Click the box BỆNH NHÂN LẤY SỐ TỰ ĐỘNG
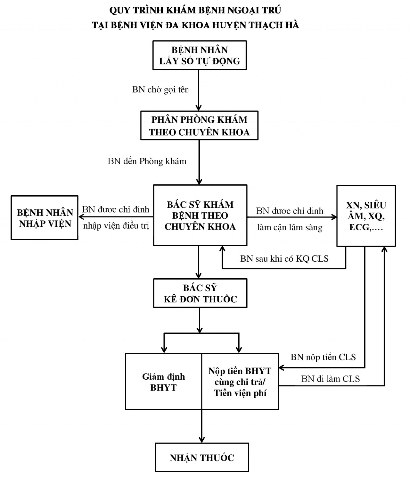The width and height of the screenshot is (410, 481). coord(199,55)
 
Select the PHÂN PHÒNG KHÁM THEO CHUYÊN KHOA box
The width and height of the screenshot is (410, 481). coord(199,126)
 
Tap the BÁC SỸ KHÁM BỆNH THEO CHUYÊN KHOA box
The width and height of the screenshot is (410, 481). coord(200,215)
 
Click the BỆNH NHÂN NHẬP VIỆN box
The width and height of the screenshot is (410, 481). coord(45,218)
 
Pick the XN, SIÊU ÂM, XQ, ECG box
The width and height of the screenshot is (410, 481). coord(366,216)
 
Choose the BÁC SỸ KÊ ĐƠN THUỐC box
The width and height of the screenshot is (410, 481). coord(200,293)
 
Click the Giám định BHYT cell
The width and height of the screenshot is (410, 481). coord(163,382)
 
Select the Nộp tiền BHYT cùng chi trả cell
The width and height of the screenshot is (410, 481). coord(240,382)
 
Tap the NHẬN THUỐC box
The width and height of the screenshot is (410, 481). coord(202,457)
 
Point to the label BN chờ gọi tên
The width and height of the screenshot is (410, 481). coord(160,89)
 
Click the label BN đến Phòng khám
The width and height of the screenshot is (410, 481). coord(147,161)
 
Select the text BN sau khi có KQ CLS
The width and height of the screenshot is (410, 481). coord(284,258)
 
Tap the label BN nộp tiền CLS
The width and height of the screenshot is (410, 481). coord(323,357)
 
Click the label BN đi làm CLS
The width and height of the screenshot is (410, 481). coord(331,379)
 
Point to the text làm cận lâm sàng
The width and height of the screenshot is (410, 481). coord(290,227)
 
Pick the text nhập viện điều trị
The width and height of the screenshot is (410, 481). coord(116,226)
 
